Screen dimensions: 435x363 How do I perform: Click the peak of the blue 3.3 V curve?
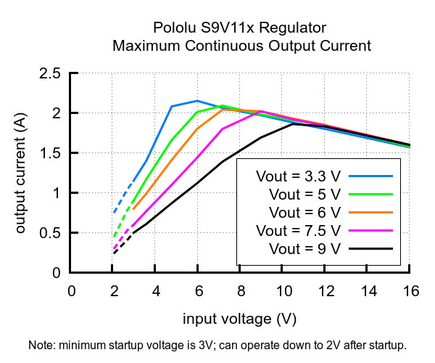(197, 100)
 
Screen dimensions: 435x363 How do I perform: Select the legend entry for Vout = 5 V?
(304, 194)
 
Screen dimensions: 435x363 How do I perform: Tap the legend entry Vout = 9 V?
(304, 248)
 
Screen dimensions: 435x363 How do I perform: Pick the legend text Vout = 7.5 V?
(298, 231)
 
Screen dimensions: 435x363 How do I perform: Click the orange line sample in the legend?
(370, 213)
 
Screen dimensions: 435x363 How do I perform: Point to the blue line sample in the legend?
(370, 176)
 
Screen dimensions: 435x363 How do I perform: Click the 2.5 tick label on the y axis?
(50, 73)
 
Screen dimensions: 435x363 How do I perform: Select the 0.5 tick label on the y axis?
(50, 233)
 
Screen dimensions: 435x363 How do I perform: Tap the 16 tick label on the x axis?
(411, 291)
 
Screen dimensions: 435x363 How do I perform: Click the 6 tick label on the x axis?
(199, 291)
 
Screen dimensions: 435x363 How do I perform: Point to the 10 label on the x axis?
(284, 291)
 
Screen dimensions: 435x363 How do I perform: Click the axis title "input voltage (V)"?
(240, 319)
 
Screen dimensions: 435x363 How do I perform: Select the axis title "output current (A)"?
(21, 173)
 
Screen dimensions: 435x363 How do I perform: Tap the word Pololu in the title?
(174, 28)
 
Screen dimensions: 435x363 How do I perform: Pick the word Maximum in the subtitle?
(146, 46)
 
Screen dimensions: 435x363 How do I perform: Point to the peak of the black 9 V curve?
(293, 124)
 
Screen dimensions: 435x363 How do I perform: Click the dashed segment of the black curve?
(123, 243)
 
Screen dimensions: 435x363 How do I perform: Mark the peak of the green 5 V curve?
(223, 105)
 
